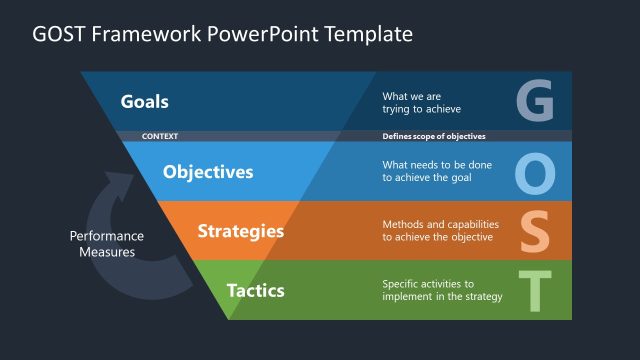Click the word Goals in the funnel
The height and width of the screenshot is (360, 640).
tap(144, 101)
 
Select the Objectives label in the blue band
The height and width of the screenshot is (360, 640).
tap(208, 171)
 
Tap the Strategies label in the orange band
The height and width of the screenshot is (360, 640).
tap(240, 231)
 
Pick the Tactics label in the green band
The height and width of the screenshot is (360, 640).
tap(255, 291)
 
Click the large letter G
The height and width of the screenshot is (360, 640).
tap(535, 101)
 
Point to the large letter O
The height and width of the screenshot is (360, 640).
tap(535, 172)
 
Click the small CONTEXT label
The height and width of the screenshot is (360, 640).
tap(161, 135)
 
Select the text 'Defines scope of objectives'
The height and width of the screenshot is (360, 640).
tap(434, 135)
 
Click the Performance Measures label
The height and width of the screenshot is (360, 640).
tap(107, 244)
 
